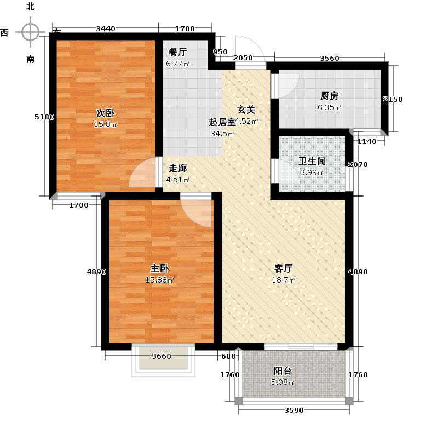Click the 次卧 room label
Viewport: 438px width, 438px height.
(x=105, y=113)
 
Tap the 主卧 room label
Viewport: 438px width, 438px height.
(x=159, y=269)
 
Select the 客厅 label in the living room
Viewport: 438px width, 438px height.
(x=283, y=269)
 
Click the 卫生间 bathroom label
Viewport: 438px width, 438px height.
(x=312, y=162)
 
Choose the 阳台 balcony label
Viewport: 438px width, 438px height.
(x=283, y=371)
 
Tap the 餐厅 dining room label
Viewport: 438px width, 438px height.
(x=178, y=53)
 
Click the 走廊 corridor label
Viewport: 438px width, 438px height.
(x=178, y=169)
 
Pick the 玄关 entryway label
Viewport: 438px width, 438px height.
(x=246, y=109)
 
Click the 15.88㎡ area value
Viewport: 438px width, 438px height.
(x=159, y=280)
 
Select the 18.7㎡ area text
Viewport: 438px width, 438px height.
(x=284, y=280)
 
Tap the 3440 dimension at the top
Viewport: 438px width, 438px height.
(x=105, y=29)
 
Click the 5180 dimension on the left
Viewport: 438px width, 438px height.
(x=44, y=117)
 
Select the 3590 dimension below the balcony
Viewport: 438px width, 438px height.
(x=293, y=411)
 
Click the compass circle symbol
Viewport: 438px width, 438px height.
(x=31, y=32)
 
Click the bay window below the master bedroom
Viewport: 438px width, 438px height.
(x=163, y=361)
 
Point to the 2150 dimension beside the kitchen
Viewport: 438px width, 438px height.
(x=393, y=99)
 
